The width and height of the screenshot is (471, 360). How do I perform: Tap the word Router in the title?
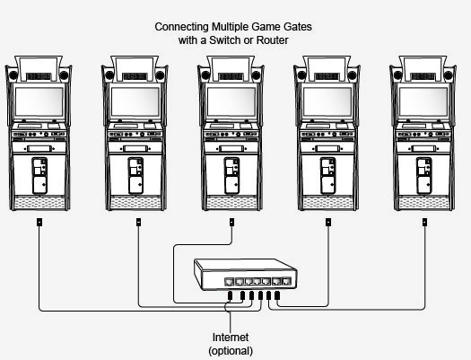coord(273,40)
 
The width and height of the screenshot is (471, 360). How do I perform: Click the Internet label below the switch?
coord(231,338)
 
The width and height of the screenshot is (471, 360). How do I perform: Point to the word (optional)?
coord(231,351)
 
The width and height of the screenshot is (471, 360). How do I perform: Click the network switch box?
coord(246,275)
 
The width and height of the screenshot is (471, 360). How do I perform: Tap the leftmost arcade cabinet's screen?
coord(39,101)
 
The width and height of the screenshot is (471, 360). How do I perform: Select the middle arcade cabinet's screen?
coord(231,101)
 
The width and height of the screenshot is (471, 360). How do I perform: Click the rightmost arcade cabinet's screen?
coord(423,101)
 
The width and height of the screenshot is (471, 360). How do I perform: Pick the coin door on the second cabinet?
coord(135,176)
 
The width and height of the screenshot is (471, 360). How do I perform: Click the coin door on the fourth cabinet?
coord(328,176)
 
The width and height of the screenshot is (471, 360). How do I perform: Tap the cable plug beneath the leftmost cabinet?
coord(39,222)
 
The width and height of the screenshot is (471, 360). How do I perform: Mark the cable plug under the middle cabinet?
coord(231,222)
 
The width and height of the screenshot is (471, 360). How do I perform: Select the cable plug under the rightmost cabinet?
coord(424,222)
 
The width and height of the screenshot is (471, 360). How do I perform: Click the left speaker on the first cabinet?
coord(13,75)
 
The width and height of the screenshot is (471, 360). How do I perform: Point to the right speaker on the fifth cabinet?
coord(449,75)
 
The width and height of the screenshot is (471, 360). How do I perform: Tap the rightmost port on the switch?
coord(287,282)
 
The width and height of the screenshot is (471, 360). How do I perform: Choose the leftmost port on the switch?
coord(229,282)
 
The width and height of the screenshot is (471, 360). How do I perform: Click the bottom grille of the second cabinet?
coord(135,203)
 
